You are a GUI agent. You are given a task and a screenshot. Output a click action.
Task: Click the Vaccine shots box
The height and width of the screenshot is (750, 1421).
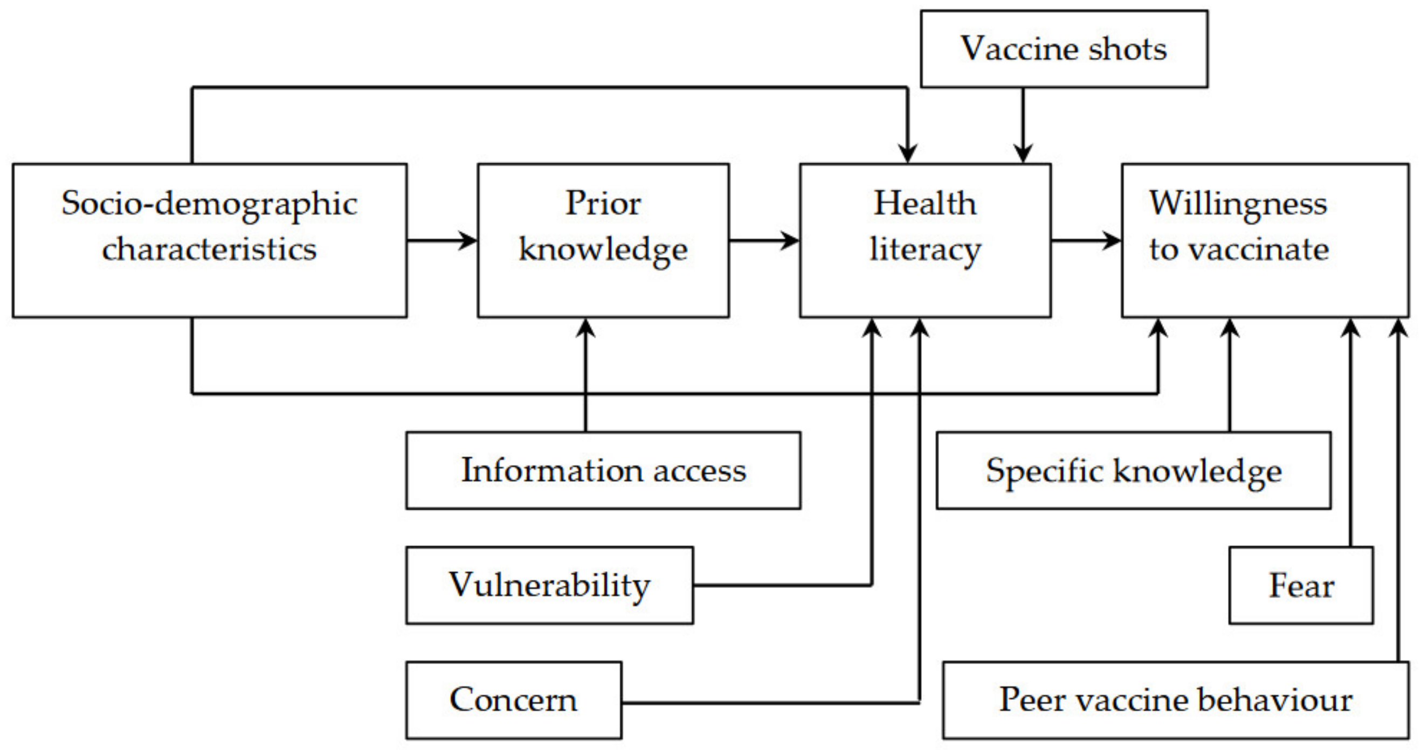(1064, 48)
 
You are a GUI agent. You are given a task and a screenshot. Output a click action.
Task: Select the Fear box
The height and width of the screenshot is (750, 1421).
(1301, 585)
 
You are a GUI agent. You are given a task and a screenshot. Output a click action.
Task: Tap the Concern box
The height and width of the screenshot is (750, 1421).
(514, 700)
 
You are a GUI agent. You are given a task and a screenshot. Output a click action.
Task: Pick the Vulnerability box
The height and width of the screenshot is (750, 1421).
(549, 585)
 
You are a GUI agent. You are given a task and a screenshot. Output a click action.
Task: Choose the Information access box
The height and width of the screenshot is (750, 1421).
(603, 470)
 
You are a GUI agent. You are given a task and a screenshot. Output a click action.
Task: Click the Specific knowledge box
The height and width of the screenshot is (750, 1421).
(1134, 470)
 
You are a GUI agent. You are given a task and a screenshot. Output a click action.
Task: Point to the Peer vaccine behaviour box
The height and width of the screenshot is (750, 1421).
(1176, 700)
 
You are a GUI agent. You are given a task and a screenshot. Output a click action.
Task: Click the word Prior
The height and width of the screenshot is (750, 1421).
(603, 204)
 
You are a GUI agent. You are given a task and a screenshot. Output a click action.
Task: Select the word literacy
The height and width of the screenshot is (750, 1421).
(925, 250)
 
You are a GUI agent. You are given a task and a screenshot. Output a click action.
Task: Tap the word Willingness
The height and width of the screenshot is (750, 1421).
(1238, 204)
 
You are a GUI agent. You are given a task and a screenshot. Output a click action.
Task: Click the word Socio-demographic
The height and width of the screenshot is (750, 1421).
(210, 204)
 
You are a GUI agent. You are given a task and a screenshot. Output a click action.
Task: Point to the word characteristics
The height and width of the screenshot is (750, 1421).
(210, 250)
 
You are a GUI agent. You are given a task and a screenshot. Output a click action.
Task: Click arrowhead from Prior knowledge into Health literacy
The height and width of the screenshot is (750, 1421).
(791, 240)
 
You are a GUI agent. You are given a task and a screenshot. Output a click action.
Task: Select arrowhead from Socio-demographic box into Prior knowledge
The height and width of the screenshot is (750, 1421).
(470, 240)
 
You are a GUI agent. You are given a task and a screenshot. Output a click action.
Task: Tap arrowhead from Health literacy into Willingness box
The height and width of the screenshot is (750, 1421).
(1113, 240)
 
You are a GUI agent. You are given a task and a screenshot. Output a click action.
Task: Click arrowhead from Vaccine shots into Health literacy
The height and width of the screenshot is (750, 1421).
(1023, 154)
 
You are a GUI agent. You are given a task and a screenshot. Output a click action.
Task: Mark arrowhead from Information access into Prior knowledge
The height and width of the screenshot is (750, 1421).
(585, 328)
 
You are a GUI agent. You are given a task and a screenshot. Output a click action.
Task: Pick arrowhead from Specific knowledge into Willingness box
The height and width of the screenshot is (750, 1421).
(1230, 328)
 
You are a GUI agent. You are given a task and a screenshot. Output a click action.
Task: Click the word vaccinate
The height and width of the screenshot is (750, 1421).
(1258, 250)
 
